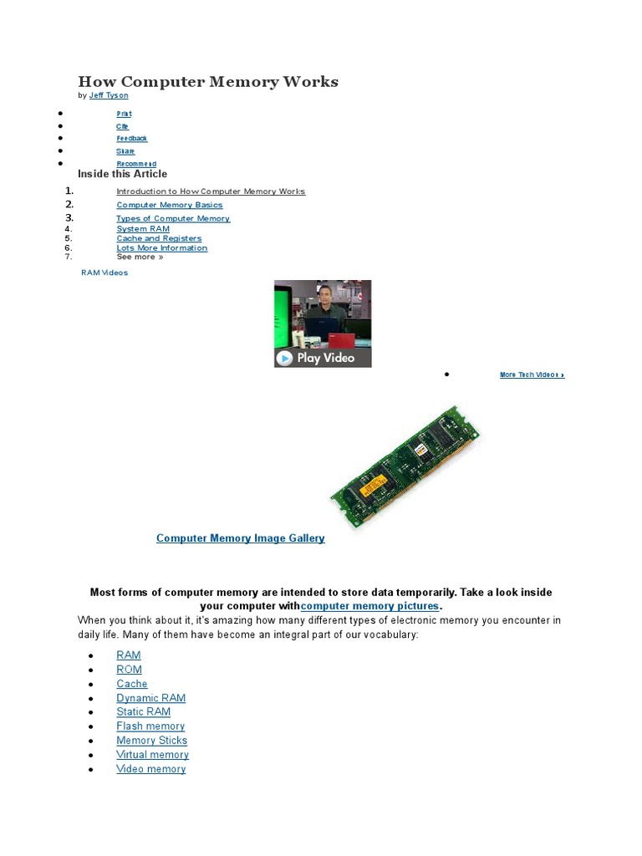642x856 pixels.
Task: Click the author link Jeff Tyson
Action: [x=109, y=96]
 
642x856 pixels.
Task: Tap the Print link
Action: [x=124, y=114]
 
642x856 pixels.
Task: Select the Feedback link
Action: [x=131, y=139]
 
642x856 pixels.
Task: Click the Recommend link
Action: [x=136, y=164]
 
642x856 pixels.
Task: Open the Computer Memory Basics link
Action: [x=170, y=205]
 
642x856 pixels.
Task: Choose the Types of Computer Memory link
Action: [x=173, y=218]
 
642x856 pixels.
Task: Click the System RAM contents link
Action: [x=143, y=229]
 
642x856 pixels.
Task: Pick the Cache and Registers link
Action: [x=159, y=238]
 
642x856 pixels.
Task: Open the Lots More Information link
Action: [x=162, y=248]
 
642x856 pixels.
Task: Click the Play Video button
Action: [x=323, y=358]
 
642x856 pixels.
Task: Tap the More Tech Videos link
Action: [x=532, y=375]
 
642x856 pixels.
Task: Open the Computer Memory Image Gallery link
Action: [x=241, y=538]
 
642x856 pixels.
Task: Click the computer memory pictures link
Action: [x=369, y=606]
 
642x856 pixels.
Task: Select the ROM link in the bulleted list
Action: [x=130, y=670]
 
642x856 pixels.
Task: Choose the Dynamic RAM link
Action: [x=151, y=698]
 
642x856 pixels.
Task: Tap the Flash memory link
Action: [x=150, y=726]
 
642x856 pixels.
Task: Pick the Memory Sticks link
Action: [x=152, y=741]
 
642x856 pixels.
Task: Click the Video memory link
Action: [x=151, y=769]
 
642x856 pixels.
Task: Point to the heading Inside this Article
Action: [x=123, y=174]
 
